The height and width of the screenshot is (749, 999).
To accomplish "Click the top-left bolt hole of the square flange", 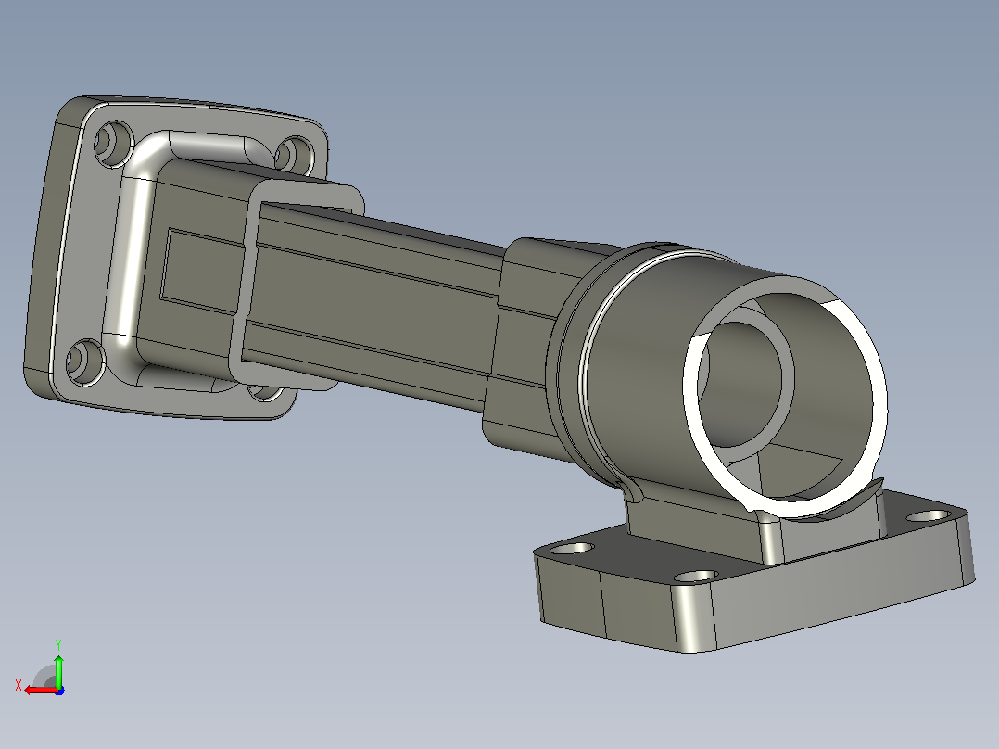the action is coord(114,144).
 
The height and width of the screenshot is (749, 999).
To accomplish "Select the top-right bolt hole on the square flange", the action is coord(295,156).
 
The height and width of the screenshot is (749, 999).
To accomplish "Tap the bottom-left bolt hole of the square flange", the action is coord(85,362).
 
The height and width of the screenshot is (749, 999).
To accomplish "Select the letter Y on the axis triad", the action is coord(58,645).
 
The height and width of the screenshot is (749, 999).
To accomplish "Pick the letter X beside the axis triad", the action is coord(19,686).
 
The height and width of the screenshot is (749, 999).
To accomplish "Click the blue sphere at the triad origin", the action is coord(59,691).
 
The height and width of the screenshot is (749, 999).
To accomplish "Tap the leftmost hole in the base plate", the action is coord(572,548).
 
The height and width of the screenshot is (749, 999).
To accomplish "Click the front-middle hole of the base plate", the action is coord(696,577).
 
